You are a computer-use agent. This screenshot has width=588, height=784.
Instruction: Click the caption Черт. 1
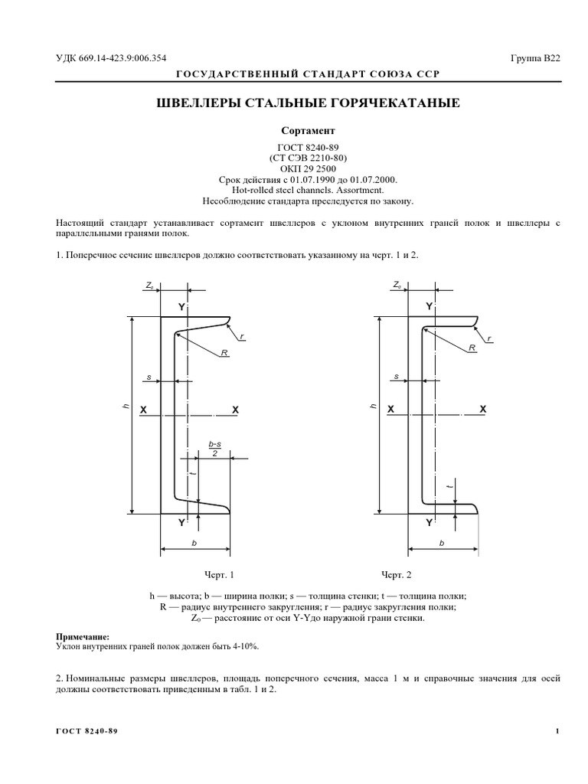pyautogui.click(x=219, y=574)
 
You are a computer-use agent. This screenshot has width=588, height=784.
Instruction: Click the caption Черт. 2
pyautogui.click(x=397, y=574)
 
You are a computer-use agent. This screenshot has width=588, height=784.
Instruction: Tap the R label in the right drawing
pyautogui.click(x=472, y=348)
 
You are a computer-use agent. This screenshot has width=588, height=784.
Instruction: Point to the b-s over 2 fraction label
pyautogui.click(x=214, y=449)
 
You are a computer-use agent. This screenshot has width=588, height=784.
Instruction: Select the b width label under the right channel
pyautogui.click(x=442, y=542)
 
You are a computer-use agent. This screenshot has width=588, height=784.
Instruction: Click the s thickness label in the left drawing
pyautogui.click(x=149, y=377)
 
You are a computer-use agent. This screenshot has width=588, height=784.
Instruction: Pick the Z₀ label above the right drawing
pyautogui.click(x=397, y=284)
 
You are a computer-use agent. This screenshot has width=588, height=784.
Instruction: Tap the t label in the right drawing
pyautogui.click(x=450, y=486)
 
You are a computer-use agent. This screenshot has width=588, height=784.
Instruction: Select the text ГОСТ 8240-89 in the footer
pyautogui.click(x=87, y=731)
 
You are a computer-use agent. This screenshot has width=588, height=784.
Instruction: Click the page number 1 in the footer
pyautogui.click(x=558, y=731)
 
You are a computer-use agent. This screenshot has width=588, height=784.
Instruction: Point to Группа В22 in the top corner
pyautogui.click(x=536, y=58)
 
